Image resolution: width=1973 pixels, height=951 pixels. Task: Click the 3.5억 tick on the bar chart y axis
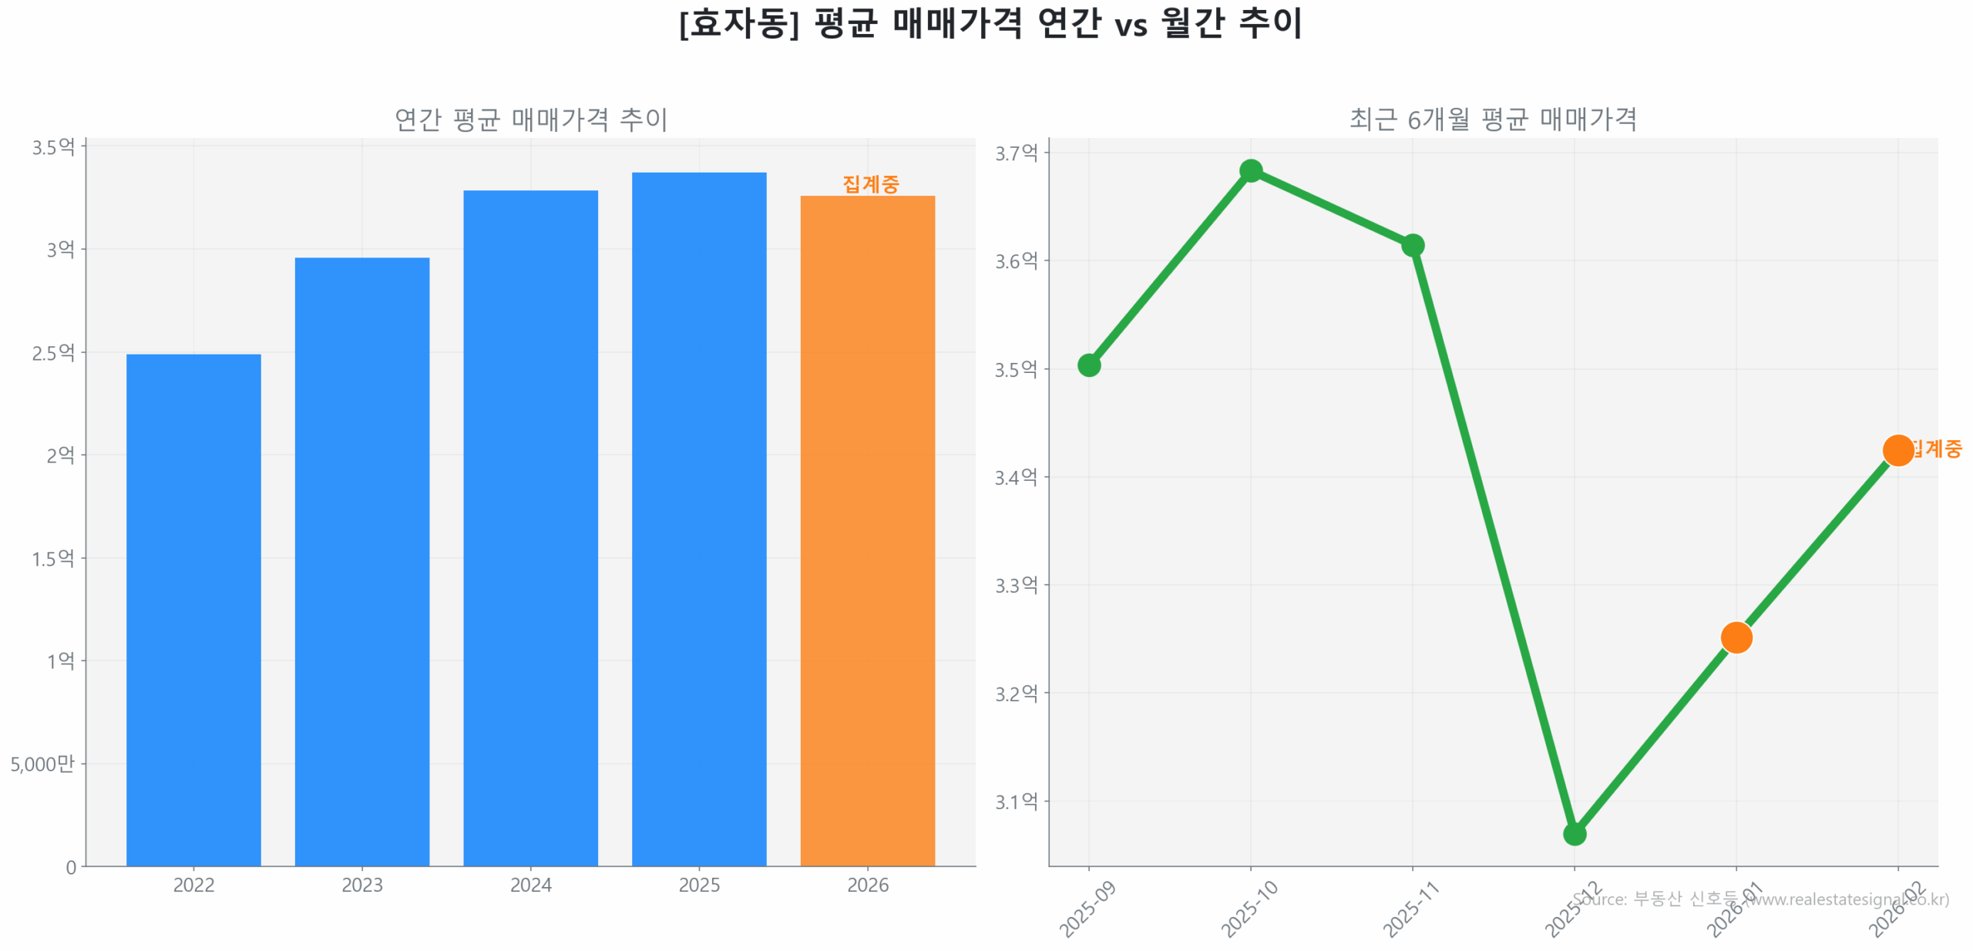pyautogui.click(x=52, y=146)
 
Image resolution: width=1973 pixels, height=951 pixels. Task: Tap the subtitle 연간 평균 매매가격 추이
pyautogui.click(x=529, y=119)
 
